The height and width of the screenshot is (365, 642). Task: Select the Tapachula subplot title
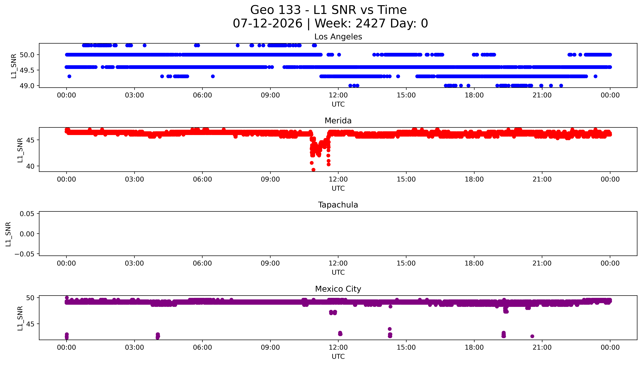coord(338,205)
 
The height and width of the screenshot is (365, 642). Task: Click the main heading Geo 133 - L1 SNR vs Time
coord(328,10)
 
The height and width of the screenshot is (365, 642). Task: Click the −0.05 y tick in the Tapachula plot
coord(24,254)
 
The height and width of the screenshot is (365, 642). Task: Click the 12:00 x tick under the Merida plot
coord(338,179)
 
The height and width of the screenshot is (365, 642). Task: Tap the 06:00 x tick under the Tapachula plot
coord(202,263)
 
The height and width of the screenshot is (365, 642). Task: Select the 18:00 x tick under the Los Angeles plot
coord(474,95)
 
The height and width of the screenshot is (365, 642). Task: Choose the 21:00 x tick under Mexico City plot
coord(542,347)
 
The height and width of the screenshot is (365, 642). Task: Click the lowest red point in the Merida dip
coord(313,170)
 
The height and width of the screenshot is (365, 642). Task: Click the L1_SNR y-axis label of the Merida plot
coord(20,150)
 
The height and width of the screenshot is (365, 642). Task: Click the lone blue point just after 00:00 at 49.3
coord(69,76)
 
